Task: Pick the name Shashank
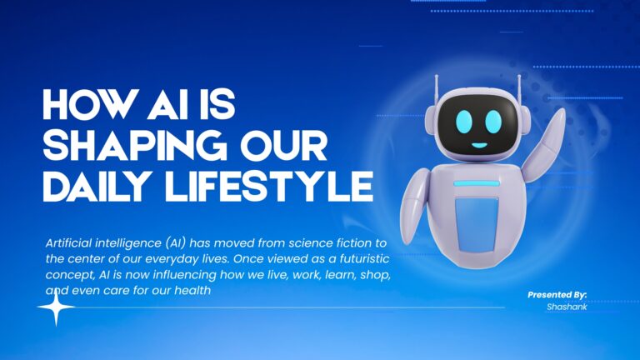tap(567, 307)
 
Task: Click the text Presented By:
tap(557, 295)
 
